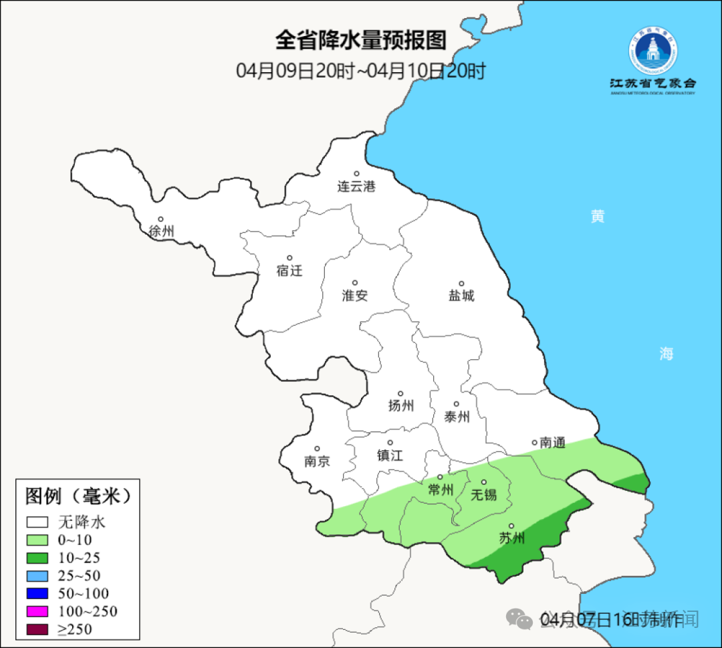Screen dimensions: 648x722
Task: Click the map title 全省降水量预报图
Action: click(x=360, y=40)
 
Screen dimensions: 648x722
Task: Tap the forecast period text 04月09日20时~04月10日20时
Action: click(x=360, y=71)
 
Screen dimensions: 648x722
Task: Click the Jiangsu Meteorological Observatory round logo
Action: click(x=652, y=51)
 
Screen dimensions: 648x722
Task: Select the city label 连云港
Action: click(x=356, y=187)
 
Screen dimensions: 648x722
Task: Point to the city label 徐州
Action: click(x=161, y=231)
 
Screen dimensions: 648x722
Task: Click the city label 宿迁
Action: click(x=289, y=270)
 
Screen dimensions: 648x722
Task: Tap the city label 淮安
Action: click(x=355, y=295)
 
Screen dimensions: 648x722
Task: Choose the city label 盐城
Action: click(x=461, y=295)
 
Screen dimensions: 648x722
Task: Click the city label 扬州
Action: click(x=401, y=405)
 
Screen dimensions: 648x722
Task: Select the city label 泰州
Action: click(x=457, y=417)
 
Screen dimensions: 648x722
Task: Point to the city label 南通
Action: click(x=552, y=442)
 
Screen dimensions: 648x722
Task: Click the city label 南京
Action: click(x=317, y=461)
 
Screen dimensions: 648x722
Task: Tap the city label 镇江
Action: click(x=390, y=455)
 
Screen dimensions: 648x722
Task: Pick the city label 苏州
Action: click(x=512, y=538)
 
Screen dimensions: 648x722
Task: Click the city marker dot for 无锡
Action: click(x=484, y=482)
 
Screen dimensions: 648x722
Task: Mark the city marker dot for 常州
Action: click(x=440, y=477)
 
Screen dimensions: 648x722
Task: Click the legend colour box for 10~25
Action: click(x=37, y=558)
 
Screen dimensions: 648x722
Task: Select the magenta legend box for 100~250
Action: click(x=37, y=611)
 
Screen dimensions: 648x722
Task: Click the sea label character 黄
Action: click(x=597, y=216)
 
